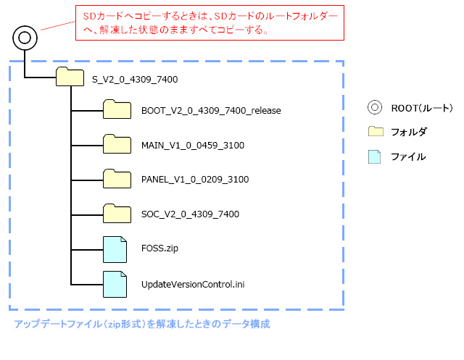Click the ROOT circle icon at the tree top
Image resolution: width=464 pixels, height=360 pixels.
coord(25,37)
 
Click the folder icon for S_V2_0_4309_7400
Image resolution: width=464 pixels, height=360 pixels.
coord(70,78)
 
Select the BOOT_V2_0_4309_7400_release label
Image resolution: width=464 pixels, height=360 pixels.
coord(211,111)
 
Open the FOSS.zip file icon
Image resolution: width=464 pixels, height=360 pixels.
coord(115,248)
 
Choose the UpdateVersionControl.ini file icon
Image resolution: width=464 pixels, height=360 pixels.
coord(115,283)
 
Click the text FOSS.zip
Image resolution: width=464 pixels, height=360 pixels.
coord(159,248)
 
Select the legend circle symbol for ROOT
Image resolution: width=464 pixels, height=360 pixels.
coord(375,108)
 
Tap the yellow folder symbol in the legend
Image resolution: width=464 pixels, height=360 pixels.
coord(375,132)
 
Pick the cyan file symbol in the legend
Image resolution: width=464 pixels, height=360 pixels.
coord(375,156)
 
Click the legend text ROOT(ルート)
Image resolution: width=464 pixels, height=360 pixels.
coord(421,108)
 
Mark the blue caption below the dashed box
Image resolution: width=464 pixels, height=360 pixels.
coord(142,324)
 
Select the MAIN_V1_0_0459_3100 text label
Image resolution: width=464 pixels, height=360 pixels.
coord(193,146)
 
